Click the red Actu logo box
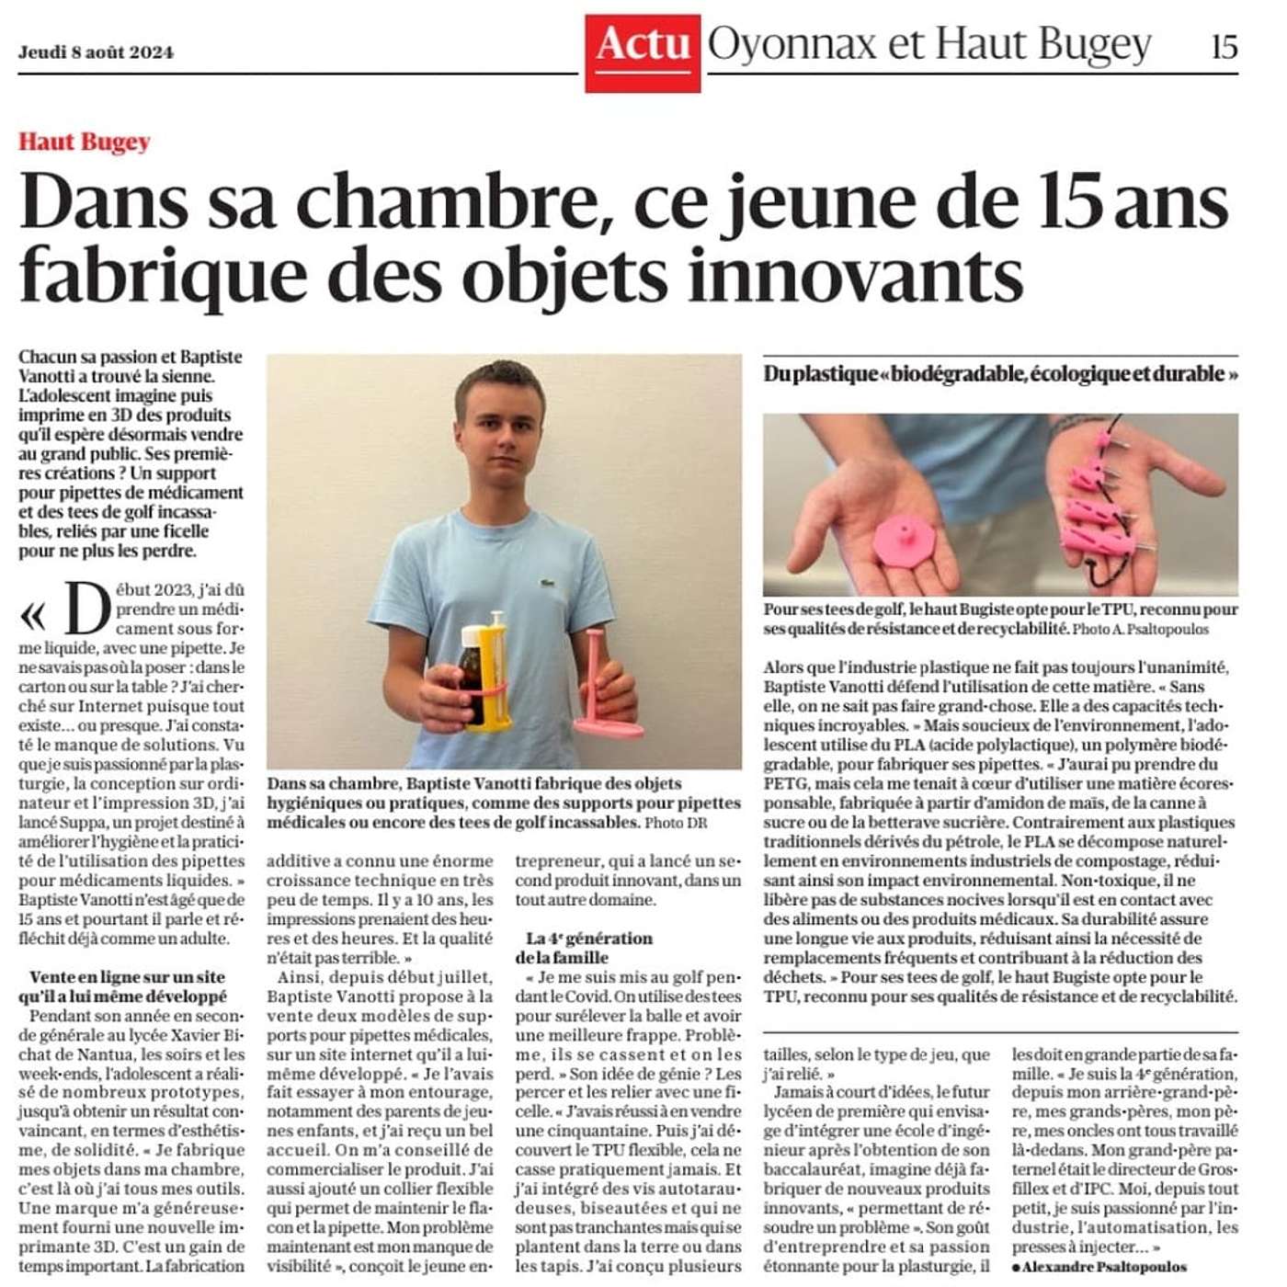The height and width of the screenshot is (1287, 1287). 643,51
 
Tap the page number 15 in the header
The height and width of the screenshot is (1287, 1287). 1224,46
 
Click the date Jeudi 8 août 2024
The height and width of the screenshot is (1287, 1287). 96,51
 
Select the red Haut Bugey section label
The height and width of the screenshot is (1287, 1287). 85,142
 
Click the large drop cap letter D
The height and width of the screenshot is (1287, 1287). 87,609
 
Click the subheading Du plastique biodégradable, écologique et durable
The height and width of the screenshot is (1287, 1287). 1000,374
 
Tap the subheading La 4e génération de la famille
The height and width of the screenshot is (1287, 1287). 588,947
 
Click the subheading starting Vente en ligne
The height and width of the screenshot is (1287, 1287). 126,986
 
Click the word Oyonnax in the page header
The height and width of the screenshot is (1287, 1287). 792,44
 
